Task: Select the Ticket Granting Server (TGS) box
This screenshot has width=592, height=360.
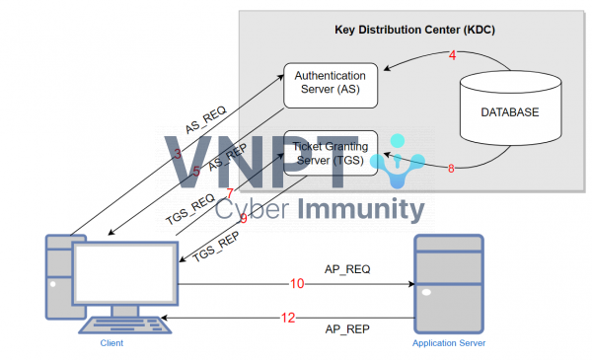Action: coord(331,153)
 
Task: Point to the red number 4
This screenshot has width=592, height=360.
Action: coord(452,56)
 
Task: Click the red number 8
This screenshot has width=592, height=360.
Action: coord(451,169)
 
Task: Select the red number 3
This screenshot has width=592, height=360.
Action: coord(178,154)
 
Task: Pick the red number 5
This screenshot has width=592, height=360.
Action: coord(196,171)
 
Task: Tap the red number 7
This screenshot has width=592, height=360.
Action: coord(230,193)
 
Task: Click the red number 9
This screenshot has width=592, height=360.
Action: coord(243,219)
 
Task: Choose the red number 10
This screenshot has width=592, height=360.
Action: coord(297,284)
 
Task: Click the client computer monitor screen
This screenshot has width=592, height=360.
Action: coord(125,277)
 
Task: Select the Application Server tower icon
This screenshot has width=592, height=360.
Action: coord(449,282)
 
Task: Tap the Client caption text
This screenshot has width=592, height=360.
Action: coord(111,342)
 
